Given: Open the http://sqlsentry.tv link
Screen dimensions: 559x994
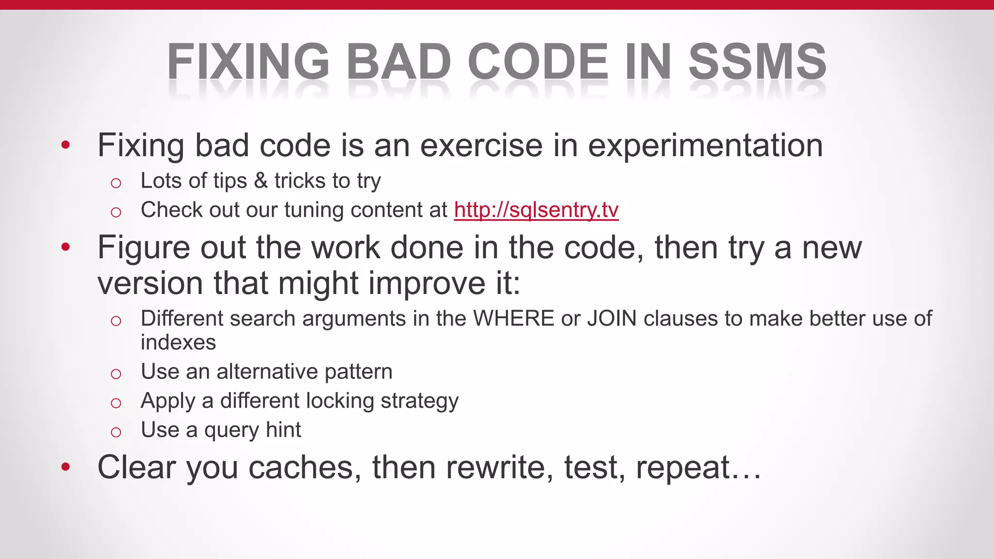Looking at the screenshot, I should (536, 210).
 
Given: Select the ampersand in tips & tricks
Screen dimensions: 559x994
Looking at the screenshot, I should (261, 181).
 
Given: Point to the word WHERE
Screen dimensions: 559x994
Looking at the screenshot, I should (514, 319).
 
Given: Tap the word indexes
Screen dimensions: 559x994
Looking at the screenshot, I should (178, 343).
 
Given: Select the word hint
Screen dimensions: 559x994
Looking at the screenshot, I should (283, 430).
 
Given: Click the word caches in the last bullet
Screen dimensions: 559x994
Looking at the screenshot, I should (305, 467).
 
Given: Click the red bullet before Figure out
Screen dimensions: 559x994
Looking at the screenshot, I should (66, 247).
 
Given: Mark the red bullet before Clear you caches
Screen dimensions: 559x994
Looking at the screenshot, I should (66, 467).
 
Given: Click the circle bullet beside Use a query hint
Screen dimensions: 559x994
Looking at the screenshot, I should (116, 432).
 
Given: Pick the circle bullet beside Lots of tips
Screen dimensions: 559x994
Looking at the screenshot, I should (116, 183).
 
